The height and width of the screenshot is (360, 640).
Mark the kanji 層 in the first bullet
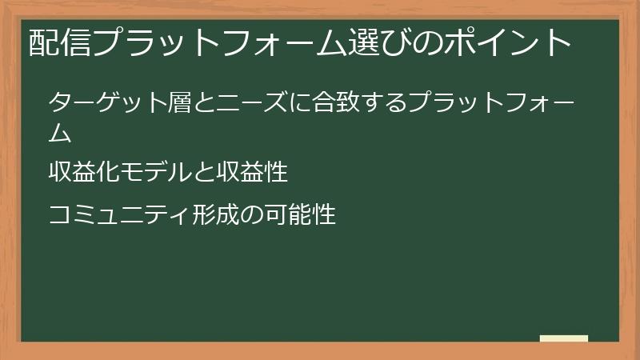170,103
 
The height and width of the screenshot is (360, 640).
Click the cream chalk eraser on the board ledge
564,338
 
